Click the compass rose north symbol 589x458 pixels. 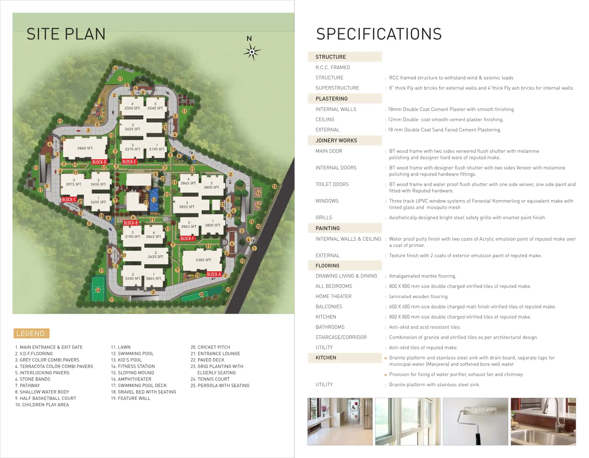point(251,52)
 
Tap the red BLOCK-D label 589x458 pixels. point(99,162)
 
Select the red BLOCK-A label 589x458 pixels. point(214,274)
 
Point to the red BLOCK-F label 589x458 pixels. point(187,238)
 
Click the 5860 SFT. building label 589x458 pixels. point(85,148)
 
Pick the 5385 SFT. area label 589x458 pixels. point(203,260)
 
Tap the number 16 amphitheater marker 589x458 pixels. point(115,68)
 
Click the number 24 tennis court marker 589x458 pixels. point(98,290)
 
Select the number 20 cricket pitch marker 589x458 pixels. point(202,294)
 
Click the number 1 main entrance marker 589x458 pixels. point(254,248)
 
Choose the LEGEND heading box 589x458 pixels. point(32,334)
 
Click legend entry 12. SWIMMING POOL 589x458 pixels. point(132,353)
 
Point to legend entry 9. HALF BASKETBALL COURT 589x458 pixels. point(45,398)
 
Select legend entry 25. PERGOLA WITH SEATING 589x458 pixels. point(220,386)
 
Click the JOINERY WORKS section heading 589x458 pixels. point(336,141)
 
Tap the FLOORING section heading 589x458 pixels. point(327,266)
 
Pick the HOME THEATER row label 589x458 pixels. point(333,296)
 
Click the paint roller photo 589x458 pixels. point(475,421)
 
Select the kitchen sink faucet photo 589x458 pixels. point(543,421)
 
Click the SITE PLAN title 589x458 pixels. point(66,34)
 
